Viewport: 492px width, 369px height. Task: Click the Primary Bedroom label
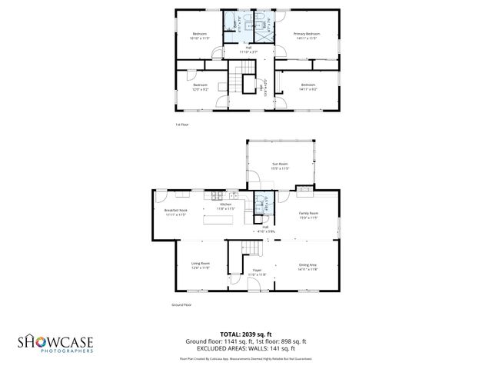(x=307, y=35)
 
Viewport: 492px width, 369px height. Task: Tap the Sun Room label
(x=280, y=164)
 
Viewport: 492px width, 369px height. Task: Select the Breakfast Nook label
(x=176, y=210)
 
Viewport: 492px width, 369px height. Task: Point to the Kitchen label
(x=226, y=204)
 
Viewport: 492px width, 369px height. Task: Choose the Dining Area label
(x=307, y=265)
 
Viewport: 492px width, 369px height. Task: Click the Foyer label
(x=258, y=271)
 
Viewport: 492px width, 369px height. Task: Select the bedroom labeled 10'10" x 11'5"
(x=200, y=34)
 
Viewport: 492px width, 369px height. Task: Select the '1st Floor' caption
(x=181, y=124)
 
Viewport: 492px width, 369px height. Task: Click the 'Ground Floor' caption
(x=181, y=305)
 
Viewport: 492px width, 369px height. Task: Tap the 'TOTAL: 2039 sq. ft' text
(x=246, y=334)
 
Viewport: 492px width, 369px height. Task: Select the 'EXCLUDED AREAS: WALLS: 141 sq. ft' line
(x=246, y=348)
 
